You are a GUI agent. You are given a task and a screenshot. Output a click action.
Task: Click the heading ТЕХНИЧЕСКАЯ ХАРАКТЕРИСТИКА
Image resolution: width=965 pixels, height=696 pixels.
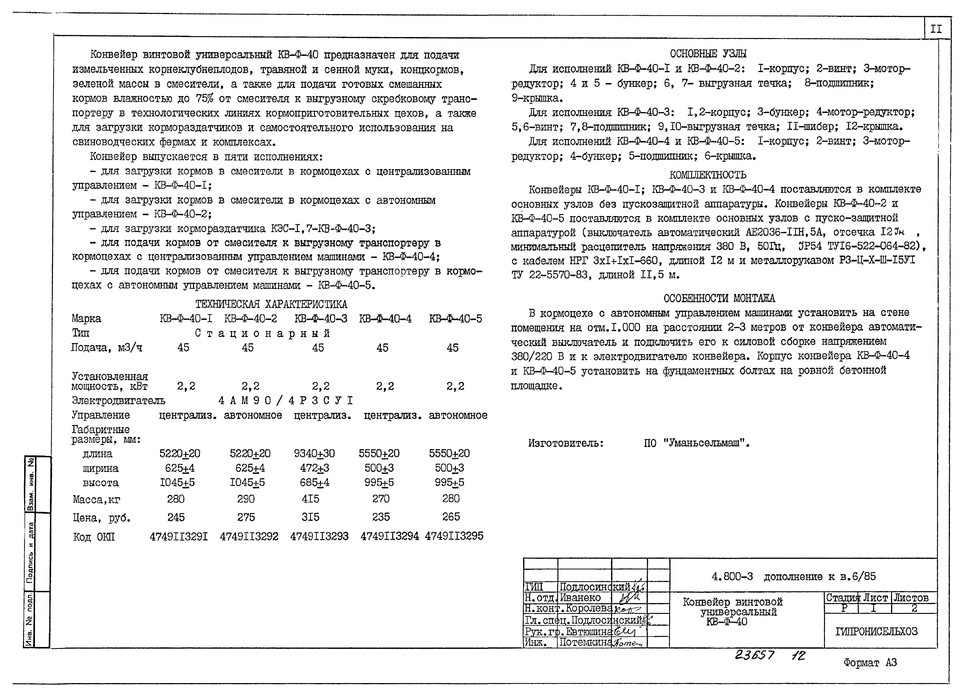coord(271,304)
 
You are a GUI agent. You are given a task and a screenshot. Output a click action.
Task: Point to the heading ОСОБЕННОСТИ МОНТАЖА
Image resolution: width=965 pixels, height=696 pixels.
coord(719,298)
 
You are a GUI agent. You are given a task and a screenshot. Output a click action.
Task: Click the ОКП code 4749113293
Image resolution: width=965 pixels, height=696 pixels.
coord(319,536)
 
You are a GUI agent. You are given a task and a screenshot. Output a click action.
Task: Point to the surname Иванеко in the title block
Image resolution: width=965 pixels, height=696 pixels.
coord(580,598)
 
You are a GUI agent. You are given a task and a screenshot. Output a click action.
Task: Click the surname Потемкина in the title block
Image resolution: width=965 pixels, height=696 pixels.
coord(585,642)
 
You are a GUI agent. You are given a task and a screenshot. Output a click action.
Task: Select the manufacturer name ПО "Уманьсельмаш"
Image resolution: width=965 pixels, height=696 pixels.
coord(697,443)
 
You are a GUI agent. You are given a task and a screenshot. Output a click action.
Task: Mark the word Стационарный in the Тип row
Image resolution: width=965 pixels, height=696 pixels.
coord(263,333)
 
